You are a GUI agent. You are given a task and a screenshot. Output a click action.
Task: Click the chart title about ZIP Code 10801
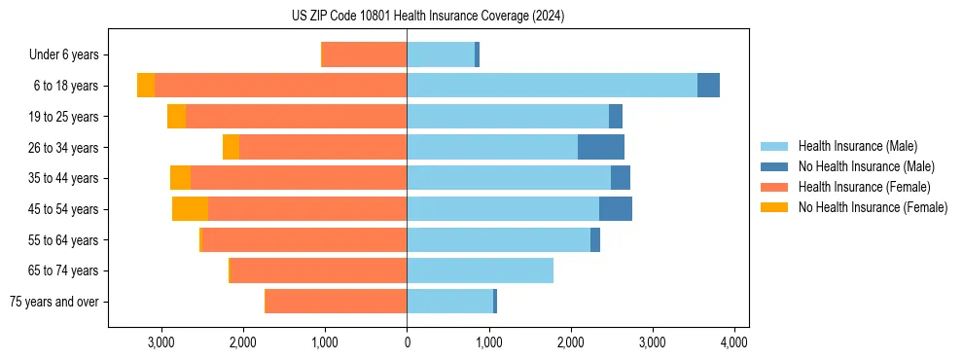tap(427, 17)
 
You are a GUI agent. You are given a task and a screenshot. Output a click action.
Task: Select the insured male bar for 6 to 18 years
tap(552, 86)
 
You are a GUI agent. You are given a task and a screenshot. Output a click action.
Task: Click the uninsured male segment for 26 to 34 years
tap(600, 147)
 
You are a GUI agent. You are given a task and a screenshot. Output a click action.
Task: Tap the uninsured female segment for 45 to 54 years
tap(190, 209)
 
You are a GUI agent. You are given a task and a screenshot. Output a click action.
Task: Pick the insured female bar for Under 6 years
tap(364, 54)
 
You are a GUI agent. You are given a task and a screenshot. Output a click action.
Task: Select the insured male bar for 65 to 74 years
tap(480, 270)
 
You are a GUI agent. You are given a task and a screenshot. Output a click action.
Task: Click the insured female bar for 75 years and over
tap(336, 302)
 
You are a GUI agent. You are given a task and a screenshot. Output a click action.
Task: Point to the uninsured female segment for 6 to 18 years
tap(145, 86)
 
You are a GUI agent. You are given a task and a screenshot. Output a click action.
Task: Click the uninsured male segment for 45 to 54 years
tap(616, 209)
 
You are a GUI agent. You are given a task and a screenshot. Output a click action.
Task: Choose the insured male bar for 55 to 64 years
tap(498, 240)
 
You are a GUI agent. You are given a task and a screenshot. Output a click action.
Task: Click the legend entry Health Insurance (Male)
tap(857, 146)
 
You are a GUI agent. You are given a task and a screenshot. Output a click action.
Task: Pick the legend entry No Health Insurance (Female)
tap(872, 207)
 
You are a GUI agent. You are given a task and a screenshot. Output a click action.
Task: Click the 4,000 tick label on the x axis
tap(733, 342)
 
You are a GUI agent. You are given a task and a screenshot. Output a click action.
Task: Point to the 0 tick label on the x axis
tap(407, 342)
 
